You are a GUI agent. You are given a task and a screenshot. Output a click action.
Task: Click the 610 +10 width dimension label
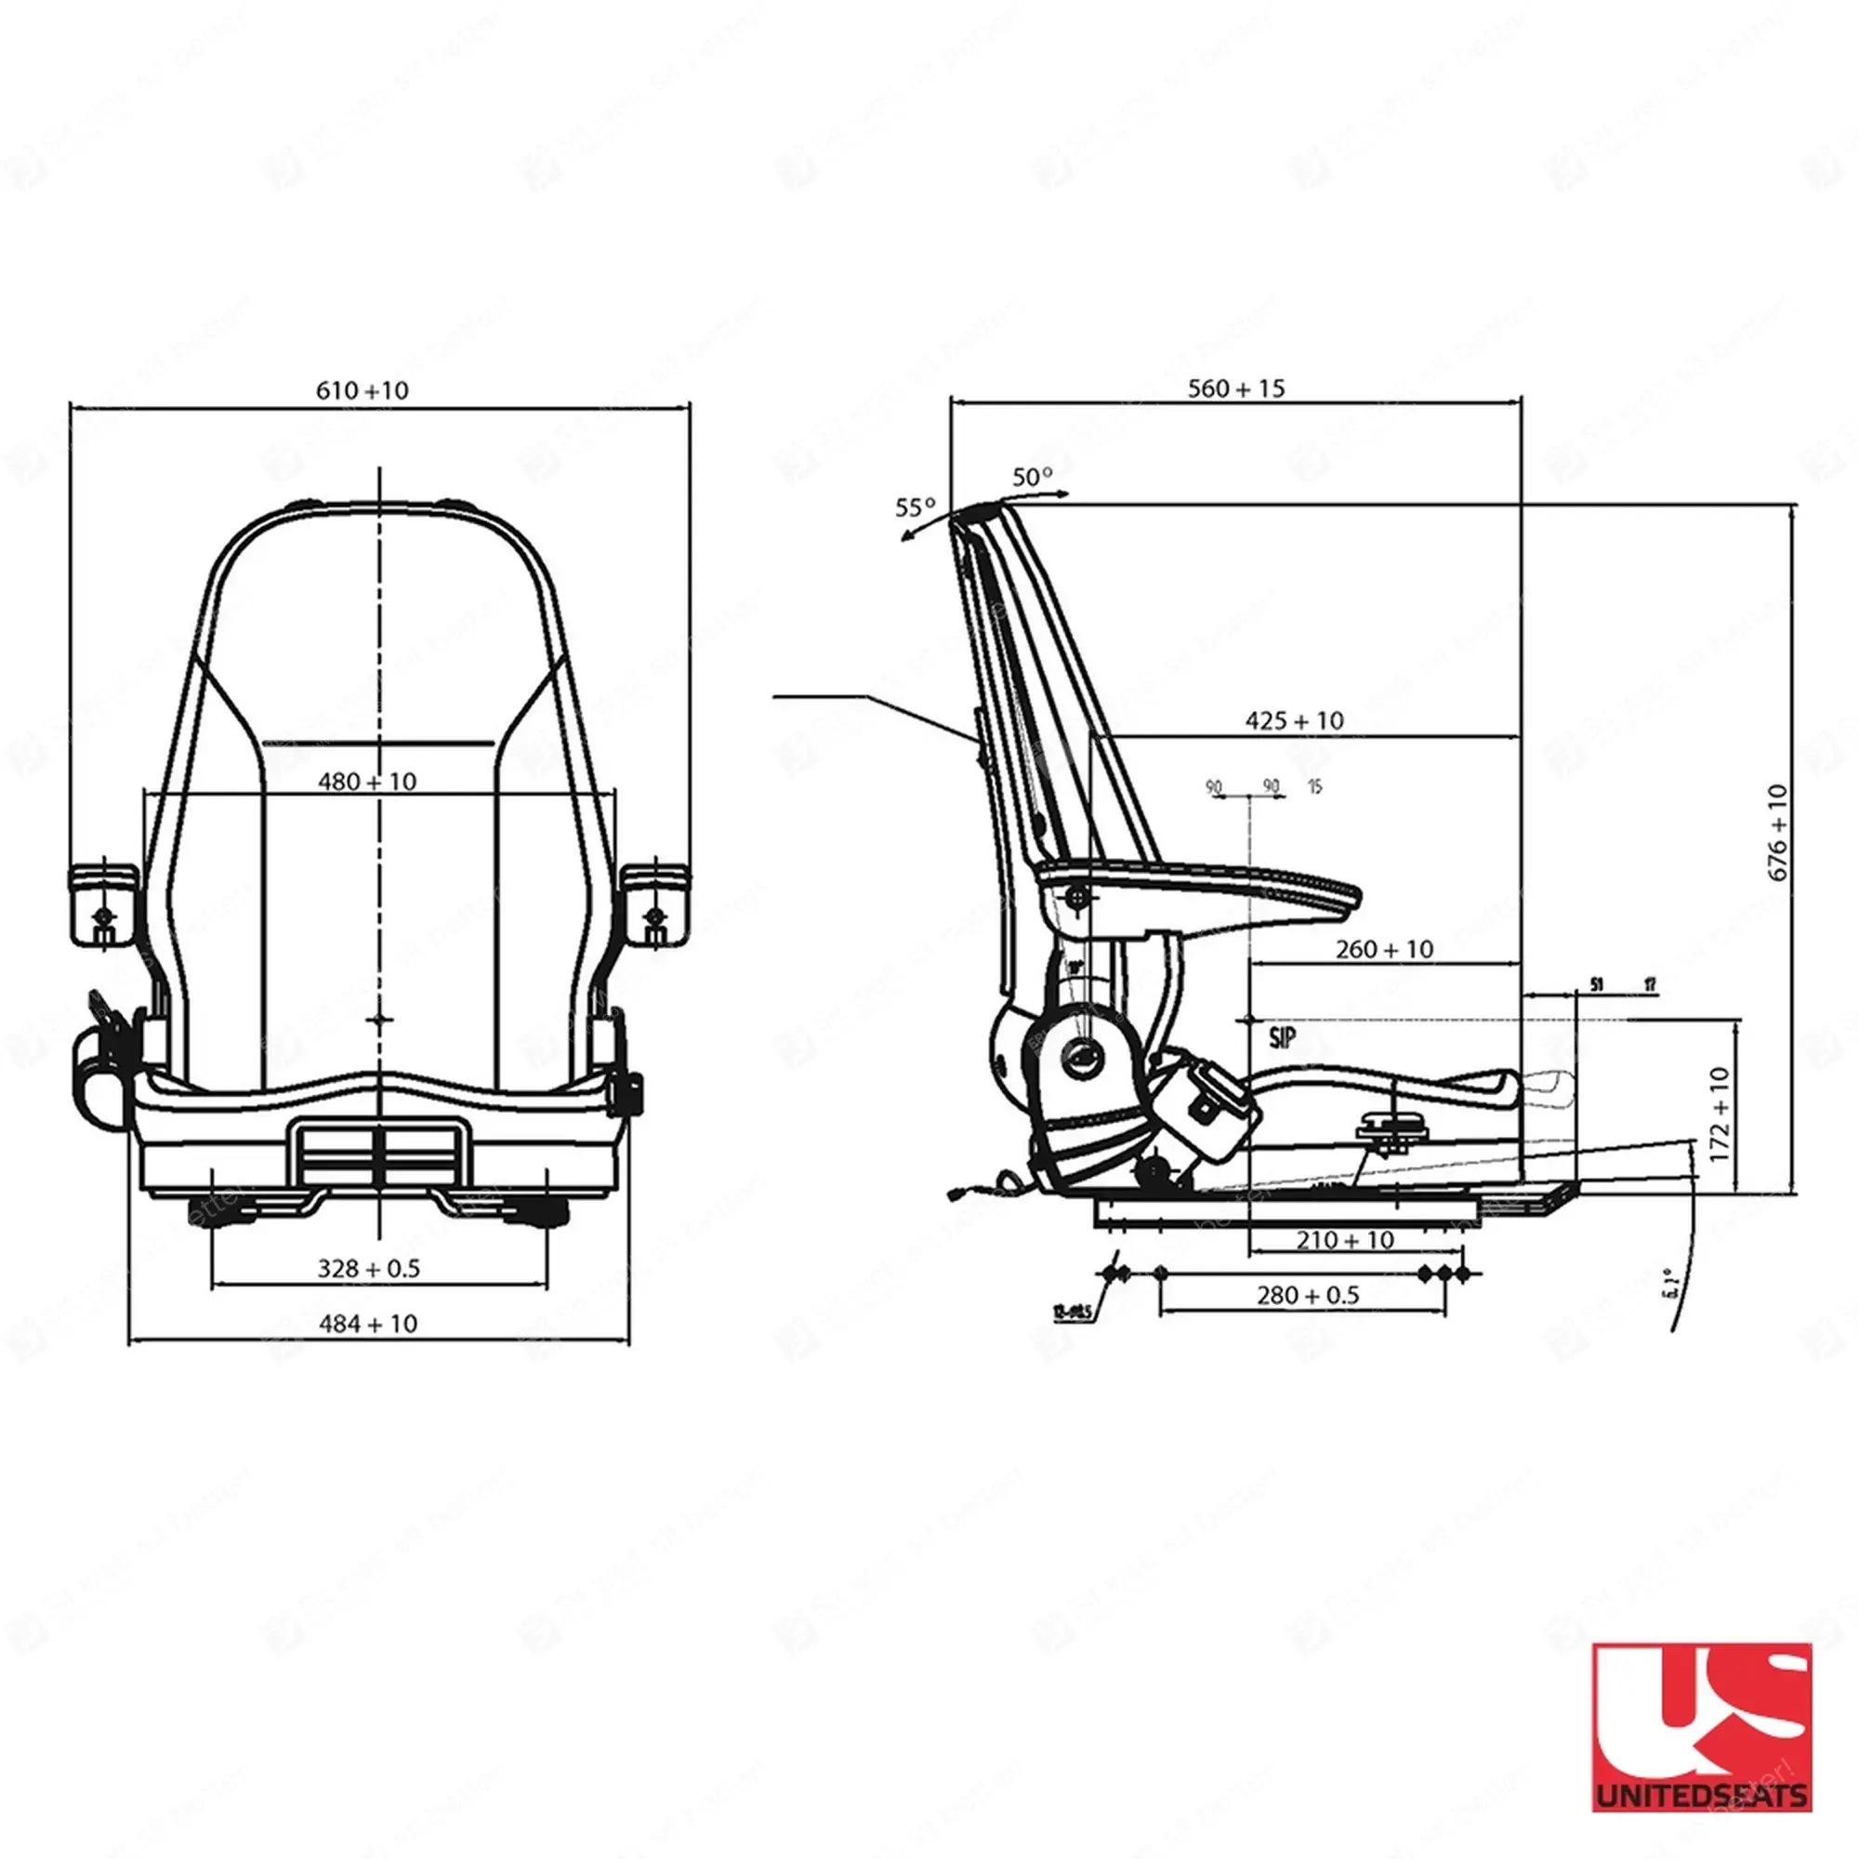[362, 390]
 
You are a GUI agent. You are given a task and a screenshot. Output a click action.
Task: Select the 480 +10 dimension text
[366, 782]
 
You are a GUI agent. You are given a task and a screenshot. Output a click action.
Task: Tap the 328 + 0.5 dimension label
[368, 1268]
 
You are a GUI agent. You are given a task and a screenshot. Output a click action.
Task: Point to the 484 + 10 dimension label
[368, 1324]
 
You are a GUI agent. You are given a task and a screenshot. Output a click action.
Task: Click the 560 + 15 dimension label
[1235, 389]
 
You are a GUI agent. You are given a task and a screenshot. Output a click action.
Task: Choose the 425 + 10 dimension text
[1294, 720]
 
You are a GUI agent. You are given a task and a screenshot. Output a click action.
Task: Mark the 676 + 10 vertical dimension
[1777, 832]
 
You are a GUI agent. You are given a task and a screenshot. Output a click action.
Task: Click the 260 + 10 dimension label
[1384, 950]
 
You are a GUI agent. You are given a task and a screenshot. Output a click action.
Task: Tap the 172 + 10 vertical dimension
[1721, 1114]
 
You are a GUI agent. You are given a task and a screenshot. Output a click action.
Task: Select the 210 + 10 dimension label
[1344, 1240]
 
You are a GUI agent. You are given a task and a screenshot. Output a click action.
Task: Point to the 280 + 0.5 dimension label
[1308, 1295]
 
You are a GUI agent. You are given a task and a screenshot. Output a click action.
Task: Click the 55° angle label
[915, 508]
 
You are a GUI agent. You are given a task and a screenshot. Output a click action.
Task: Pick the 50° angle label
[1033, 476]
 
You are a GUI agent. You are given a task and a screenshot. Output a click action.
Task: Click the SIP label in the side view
[1282, 1037]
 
